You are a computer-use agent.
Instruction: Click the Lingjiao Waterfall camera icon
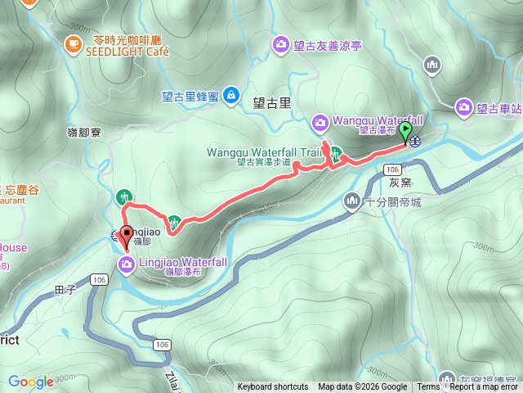[x=127, y=264]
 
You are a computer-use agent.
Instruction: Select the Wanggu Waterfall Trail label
[x=264, y=152]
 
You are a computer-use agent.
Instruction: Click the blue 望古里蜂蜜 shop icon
[x=231, y=96]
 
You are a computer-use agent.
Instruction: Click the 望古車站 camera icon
[x=464, y=106]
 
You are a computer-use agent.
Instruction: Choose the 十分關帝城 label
[x=394, y=201]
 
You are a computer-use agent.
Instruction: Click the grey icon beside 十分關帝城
[x=352, y=201]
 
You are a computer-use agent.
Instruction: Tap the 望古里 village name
[x=272, y=103]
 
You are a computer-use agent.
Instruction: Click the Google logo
[x=30, y=382]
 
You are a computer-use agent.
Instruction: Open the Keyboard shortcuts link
[x=273, y=387]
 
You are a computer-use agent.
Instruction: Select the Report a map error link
[x=484, y=387]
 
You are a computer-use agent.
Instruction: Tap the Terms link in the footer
[x=427, y=387]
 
